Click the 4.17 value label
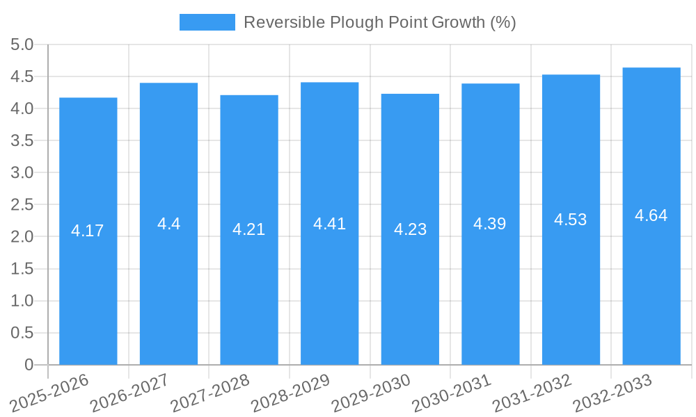tap(88, 231)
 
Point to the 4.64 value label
tap(651, 215)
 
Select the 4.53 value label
tap(571, 220)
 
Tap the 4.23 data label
tap(410, 229)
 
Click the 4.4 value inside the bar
tap(168, 224)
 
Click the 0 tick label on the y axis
tap(29, 365)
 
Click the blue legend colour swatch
tap(207, 22)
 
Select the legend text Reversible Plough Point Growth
tap(379, 22)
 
